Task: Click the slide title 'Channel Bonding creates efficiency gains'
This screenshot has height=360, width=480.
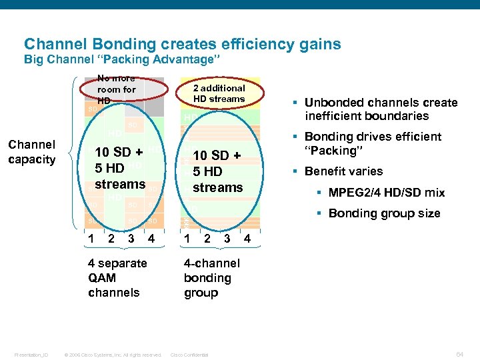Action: (182, 45)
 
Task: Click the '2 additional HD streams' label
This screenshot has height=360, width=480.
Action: (219, 93)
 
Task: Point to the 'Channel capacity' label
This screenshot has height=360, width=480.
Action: (31, 152)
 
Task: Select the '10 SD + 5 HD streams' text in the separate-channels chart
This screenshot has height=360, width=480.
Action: (120, 167)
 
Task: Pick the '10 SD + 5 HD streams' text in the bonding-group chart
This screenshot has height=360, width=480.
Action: (217, 171)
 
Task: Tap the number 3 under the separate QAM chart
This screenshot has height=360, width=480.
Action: (131, 237)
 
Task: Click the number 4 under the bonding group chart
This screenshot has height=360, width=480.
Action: (247, 237)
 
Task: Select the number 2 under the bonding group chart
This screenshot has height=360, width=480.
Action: (207, 237)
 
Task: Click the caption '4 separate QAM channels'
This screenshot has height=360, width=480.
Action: (117, 278)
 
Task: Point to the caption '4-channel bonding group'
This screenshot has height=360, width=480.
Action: (211, 278)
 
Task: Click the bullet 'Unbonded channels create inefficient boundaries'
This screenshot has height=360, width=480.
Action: (380, 109)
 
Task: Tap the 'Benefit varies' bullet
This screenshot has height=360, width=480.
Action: (343, 171)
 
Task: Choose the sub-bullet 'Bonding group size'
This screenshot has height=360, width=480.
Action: (384, 213)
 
